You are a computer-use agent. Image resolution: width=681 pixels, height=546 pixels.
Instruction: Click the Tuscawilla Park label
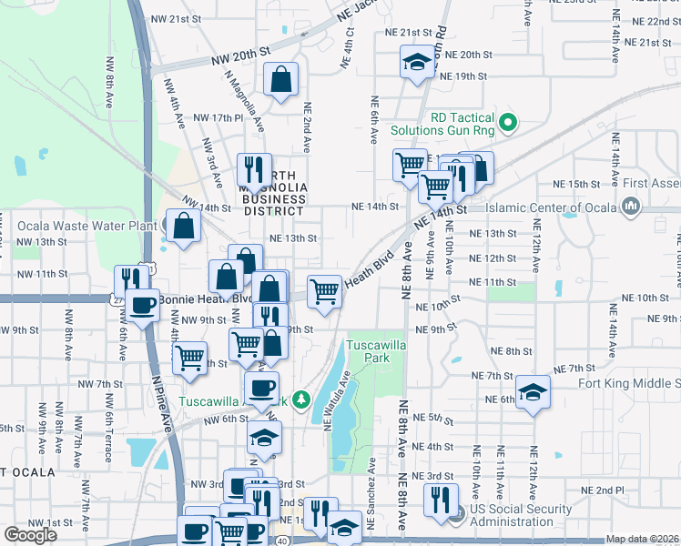coord(367,351)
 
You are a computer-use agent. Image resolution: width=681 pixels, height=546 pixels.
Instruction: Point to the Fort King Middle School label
coord(629,383)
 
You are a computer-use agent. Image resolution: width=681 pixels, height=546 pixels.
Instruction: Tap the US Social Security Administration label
coord(536,515)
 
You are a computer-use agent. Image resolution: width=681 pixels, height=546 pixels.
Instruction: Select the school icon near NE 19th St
coord(417,62)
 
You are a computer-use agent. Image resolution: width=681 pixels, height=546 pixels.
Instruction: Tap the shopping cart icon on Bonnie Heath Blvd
coord(324,290)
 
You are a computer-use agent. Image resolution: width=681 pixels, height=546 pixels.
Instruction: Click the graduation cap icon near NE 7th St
coord(533,391)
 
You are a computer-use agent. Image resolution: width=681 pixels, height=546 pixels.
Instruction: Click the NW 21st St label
coord(176,19)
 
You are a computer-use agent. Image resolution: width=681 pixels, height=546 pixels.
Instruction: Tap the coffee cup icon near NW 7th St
coord(261,388)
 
